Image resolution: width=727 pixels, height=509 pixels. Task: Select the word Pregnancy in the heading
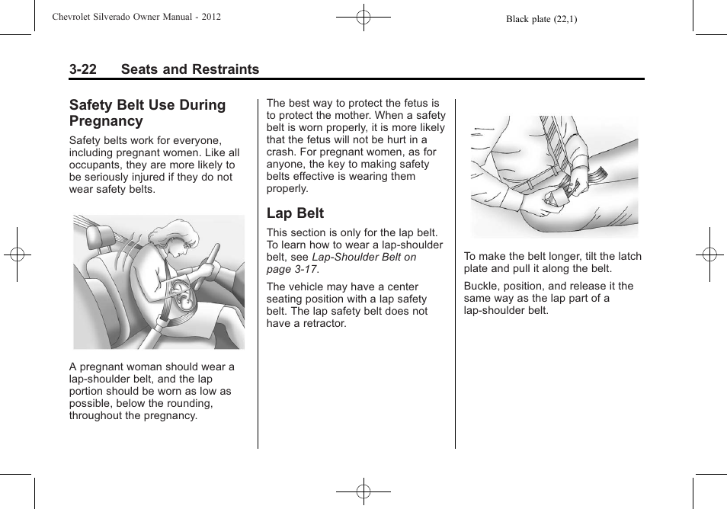pos(106,121)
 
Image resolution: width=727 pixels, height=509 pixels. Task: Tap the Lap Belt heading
pos(295,213)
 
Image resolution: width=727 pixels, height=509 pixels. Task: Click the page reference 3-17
pos(304,269)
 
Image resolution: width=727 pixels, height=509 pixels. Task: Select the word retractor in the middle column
pos(322,323)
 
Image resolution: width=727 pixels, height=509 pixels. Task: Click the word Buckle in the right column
pos(482,286)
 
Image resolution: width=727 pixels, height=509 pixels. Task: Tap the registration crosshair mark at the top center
pos(363,16)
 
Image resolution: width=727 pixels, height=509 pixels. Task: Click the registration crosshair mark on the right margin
pos(709,254)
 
